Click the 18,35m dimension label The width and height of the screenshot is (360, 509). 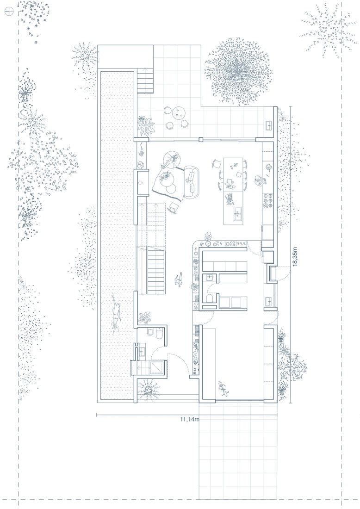tap(295, 257)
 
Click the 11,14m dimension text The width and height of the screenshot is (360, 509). tap(190, 419)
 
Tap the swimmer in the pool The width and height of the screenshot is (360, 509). tap(116, 311)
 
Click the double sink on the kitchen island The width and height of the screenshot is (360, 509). tap(238, 213)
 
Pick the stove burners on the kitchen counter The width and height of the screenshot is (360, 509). tap(268, 200)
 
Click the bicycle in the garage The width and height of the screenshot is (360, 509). tap(223, 389)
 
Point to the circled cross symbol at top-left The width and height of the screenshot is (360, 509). tap(9, 12)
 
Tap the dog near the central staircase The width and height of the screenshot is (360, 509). tap(178, 280)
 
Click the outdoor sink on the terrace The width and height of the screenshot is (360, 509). tap(269, 125)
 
